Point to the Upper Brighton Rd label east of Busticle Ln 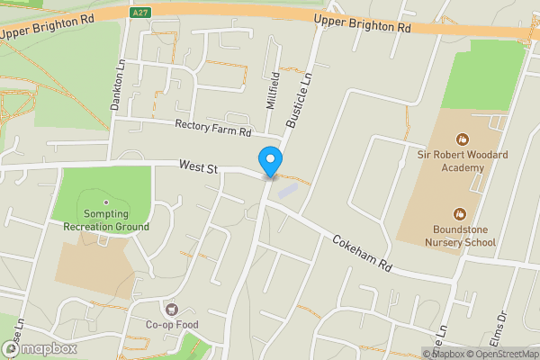click(363, 23)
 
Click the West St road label click(199, 166)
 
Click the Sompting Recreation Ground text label click(106, 221)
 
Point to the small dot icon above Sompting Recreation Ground click(106, 202)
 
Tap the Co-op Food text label click(171, 325)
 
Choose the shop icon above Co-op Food click(171, 308)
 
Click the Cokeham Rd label click(364, 255)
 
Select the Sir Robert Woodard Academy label click(463, 161)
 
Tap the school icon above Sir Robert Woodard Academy click(463, 139)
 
